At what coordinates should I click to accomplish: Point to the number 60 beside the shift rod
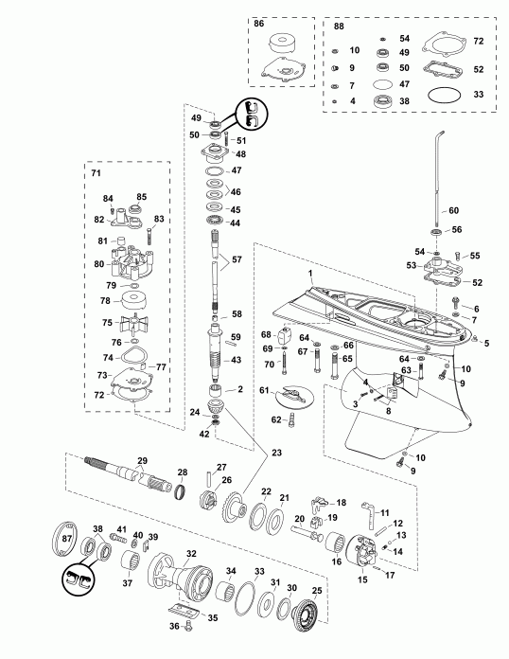click(x=452, y=210)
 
